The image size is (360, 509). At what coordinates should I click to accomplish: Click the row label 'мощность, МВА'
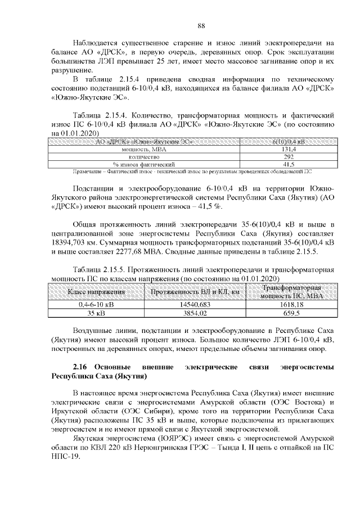coord(145,150)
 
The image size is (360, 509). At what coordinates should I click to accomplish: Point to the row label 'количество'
coord(145,157)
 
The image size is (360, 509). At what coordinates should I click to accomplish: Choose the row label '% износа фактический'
coord(145,164)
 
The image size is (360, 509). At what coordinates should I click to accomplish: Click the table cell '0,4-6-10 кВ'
coord(96,304)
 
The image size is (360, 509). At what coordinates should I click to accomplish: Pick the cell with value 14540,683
coord(196,304)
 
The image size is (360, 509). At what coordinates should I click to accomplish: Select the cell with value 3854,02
coord(196,312)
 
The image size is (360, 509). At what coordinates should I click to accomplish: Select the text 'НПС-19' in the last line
coord(66,456)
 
